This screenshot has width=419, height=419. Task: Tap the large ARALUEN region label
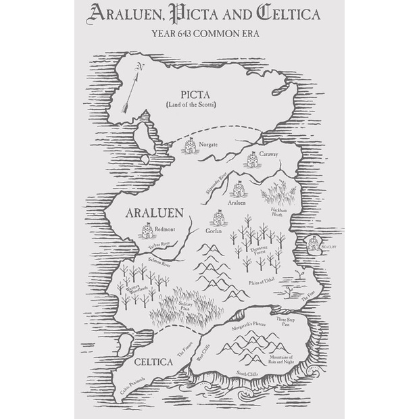pos(154,213)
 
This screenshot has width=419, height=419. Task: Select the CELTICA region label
pos(153,362)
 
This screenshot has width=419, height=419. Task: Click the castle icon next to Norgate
pos(190,145)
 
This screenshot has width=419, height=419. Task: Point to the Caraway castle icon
pos(251,160)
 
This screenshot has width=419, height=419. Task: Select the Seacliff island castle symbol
pos(314,244)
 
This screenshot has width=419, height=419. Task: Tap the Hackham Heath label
pos(280,213)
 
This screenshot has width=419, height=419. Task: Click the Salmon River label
pos(155,265)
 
